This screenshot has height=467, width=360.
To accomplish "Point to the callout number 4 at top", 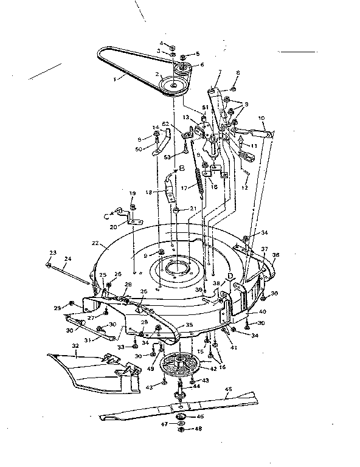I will click(x=161, y=43).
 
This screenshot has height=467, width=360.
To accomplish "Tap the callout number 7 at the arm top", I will click(x=219, y=72).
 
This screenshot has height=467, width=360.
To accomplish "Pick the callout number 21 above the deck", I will click(x=193, y=209).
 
